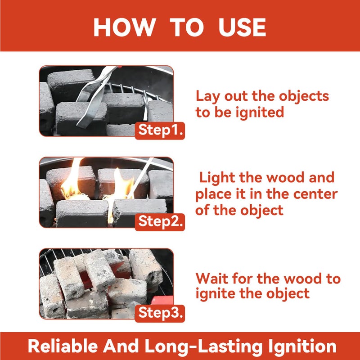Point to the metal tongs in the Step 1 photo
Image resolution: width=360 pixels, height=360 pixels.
click(x=92, y=97)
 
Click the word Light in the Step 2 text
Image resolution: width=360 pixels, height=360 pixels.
click(x=217, y=177)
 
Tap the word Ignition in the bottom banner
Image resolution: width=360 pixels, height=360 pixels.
click(x=300, y=346)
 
